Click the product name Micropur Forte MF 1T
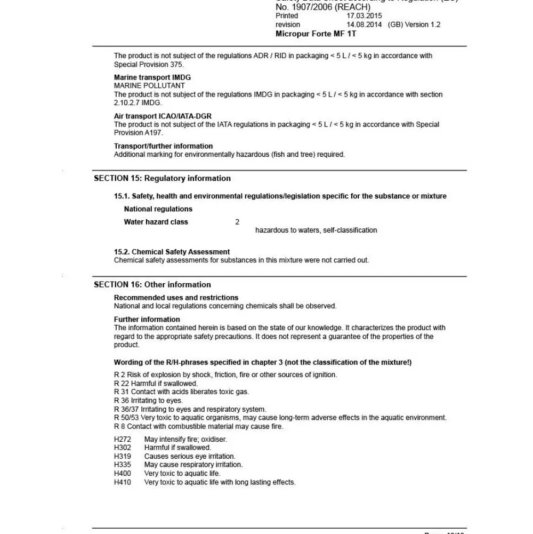coord(316,34)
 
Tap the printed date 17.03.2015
coord(364,16)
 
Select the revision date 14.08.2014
coord(364,25)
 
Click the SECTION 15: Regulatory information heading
coord(162,178)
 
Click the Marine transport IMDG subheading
coord(152,77)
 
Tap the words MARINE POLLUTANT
coord(149,85)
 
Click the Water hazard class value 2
coord(237,222)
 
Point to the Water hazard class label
coord(156,222)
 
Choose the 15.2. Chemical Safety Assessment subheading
coord(172,252)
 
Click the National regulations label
coord(158,209)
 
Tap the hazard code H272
coord(123,439)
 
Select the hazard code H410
coord(123,482)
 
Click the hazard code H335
coord(123,465)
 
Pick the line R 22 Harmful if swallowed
coord(156,383)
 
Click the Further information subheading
coord(147,320)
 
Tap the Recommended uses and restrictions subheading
coord(176,298)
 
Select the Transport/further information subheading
coord(163,146)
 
